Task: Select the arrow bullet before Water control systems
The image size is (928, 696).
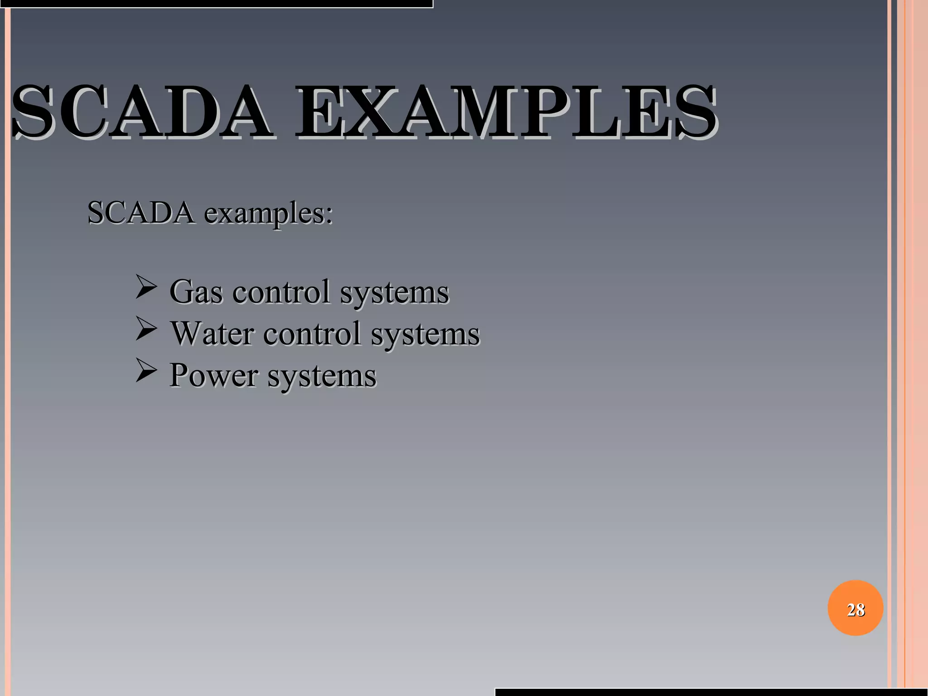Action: coord(146,329)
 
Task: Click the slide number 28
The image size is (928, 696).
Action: coord(855,610)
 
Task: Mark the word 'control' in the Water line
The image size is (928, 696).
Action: coord(312,333)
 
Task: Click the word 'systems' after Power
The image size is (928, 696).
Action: coord(322,376)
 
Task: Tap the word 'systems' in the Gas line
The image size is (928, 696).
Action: coord(394,293)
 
